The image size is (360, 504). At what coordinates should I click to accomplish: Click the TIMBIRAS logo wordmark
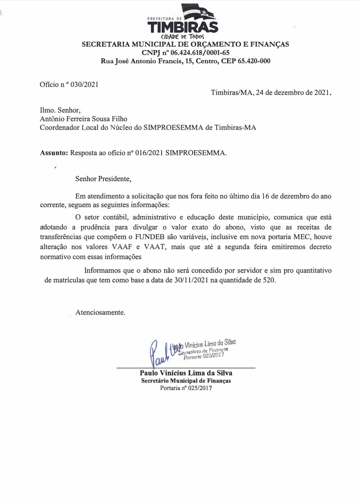coord(183,27)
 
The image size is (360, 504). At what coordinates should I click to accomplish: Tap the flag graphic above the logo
coord(199,12)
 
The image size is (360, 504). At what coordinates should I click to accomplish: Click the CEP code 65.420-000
coord(254,61)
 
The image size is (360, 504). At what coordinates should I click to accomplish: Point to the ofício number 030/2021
coord(84,85)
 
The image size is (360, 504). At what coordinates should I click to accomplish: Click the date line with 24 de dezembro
coord(271,93)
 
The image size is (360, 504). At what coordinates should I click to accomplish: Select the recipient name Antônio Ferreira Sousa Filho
coord(83,119)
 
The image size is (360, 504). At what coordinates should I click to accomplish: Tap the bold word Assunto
coord(54,153)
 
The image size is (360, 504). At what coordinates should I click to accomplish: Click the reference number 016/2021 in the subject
coord(149,153)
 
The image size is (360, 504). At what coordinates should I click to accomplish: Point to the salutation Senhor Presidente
coord(103,179)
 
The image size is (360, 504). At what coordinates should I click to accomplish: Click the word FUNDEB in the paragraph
coord(150,237)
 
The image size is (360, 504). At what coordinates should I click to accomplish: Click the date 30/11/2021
coord(191,280)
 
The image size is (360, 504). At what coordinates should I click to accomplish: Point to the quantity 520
coord(269,280)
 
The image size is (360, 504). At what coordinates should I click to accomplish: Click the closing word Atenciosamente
coord(100,312)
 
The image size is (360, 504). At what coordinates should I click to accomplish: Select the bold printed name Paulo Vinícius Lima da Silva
coord(186,373)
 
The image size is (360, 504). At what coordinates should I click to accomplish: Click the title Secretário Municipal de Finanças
coord(186,381)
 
